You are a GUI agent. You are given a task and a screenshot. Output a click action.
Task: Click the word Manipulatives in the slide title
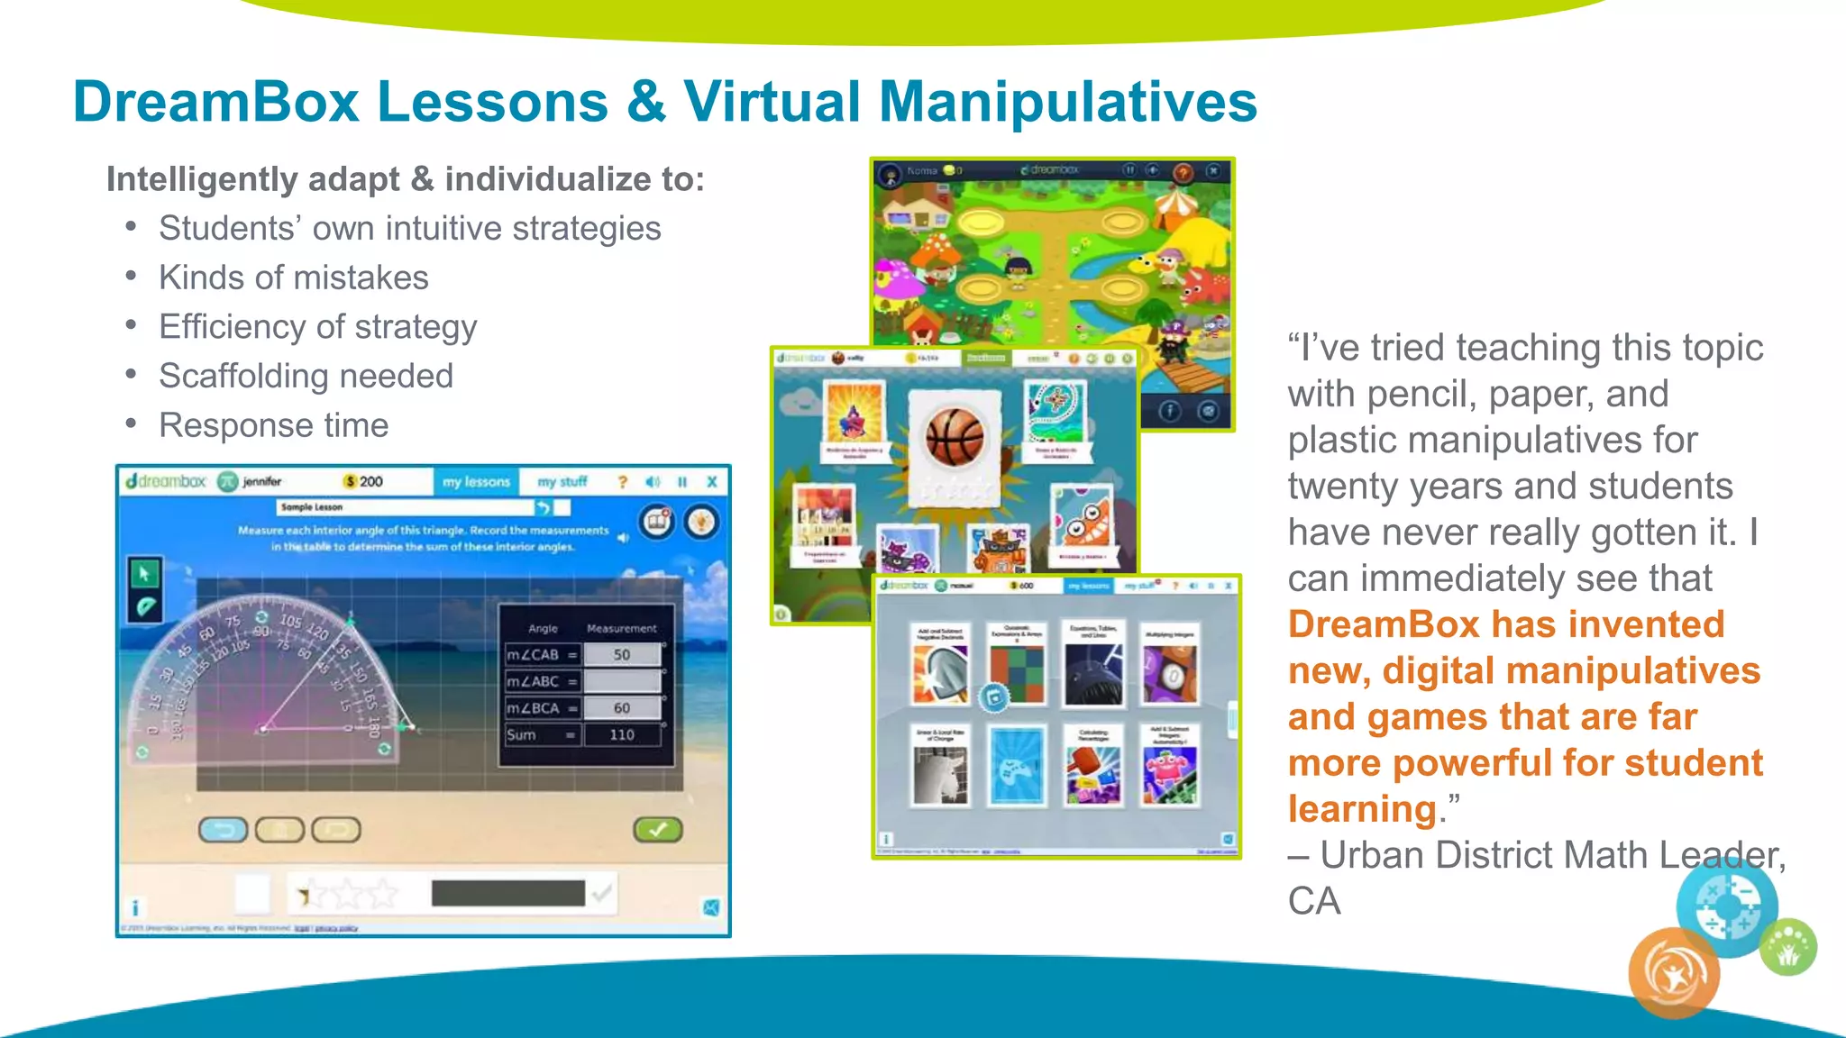coord(1067,101)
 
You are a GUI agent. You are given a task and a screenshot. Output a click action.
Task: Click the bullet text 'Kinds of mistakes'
coord(293,278)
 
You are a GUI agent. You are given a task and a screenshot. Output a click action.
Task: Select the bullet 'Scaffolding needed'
coord(306,376)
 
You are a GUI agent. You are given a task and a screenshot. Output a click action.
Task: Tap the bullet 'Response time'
coord(273,425)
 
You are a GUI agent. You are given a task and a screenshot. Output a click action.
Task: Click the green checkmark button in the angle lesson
coord(658,829)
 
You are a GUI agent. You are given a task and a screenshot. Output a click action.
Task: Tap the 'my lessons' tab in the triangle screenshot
coord(476,482)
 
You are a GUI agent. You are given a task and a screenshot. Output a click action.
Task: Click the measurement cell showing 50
coord(622,654)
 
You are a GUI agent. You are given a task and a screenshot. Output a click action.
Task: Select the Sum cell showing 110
coord(622,734)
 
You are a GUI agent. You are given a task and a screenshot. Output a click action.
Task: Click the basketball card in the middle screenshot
coord(955,439)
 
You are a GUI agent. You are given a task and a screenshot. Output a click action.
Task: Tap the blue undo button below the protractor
coord(223,829)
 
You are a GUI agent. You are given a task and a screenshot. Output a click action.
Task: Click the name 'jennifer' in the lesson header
coord(261,482)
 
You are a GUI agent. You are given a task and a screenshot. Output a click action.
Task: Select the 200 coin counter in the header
coord(364,482)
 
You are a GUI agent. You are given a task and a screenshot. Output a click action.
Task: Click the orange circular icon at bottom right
coord(1673,973)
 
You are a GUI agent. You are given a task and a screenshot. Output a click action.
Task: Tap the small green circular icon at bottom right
coord(1788,947)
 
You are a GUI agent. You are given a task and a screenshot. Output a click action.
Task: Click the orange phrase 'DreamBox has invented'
coord(1505,624)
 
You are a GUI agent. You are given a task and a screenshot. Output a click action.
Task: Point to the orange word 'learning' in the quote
coord(1361,809)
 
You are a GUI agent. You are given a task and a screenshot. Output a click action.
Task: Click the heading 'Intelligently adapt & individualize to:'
coord(405,179)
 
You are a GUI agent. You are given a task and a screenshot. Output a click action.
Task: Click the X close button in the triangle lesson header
coord(711,482)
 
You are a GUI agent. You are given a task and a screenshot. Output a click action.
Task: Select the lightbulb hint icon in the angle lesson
coord(701,522)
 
